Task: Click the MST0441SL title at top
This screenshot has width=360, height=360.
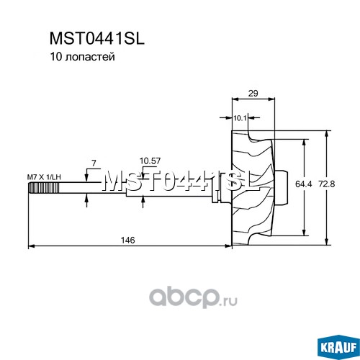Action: (97, 39)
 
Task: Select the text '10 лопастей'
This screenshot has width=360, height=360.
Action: (82, 57)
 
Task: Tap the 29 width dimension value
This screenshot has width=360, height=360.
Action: (253, 94)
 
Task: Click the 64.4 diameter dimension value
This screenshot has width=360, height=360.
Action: (304, 184)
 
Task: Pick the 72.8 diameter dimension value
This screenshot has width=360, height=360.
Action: (327, 184)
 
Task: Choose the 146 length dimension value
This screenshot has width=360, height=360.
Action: (128, 240)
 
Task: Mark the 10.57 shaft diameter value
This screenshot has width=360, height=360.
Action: (150, 161)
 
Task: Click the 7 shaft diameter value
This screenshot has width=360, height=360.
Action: (94, 163)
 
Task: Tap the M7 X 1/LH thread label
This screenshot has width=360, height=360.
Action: (44, 177)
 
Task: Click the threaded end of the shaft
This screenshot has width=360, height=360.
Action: (44, 188)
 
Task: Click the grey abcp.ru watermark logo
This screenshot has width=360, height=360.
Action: (193, 297)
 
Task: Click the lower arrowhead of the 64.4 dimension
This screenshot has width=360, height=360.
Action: (304, 232)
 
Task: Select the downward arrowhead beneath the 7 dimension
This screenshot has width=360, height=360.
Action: (86, 176)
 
